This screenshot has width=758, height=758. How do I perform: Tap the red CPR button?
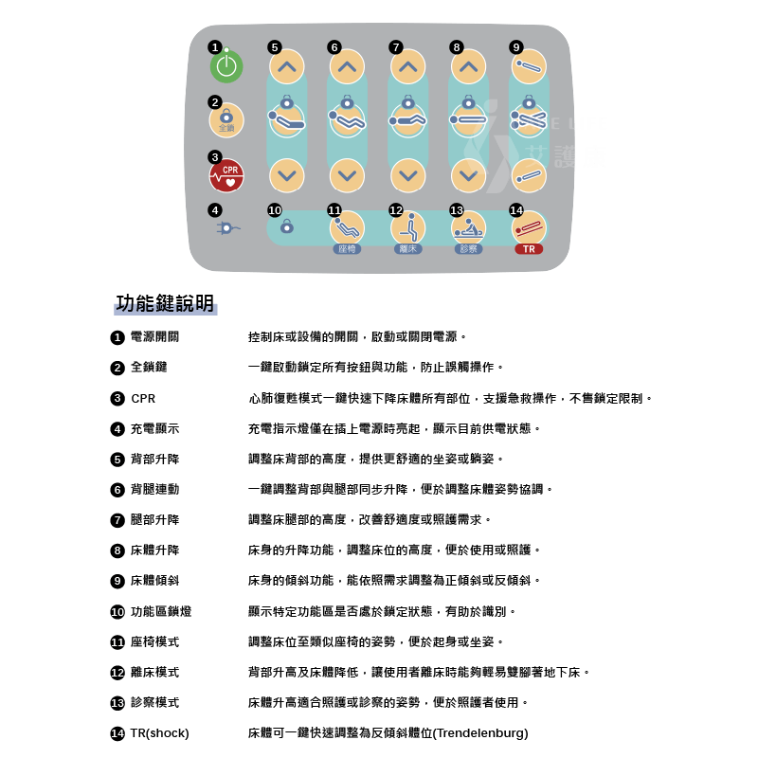pyautogui.click(x=226, y=175)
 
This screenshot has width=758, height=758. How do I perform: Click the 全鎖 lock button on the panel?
pyautogui.click(x=226, y=120)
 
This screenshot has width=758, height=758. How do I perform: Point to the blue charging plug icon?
pyautogui.click(x=227, y=228)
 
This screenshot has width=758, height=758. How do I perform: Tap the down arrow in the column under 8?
pyautogui.click(x=468, y=175)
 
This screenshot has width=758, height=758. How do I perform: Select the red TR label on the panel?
pyautogui.click(x=529, y=249)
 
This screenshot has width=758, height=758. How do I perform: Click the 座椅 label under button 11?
pyautogui.click(x=347, y=249)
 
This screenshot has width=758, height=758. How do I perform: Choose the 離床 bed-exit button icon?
pyautogui.click(x=408, y=227)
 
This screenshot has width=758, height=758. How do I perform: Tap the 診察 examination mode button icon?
pyautogui.click(x=468, y=227)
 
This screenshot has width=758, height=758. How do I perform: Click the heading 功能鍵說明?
pyautogui.click(x=165, y=303)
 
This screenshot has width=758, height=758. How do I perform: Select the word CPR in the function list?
pyautogui.click(x=143, y=399)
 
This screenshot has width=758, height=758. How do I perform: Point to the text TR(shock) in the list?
pyautogui.click(x=159, y=733)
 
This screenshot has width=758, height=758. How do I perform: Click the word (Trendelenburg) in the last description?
pyautogui.click(x=480, y=733)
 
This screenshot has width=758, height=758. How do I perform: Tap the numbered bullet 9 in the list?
pyautogui.click(x=117, y=581)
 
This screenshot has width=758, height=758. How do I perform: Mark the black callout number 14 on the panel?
pyautogui.click(x=516, y=209)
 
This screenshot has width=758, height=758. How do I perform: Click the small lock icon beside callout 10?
pyautogui.click(x=287, y=226)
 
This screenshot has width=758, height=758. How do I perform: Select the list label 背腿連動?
pyautogui.click(x=154, y=489)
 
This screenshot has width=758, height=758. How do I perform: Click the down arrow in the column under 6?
pyautogui.click(x=347, y=175)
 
